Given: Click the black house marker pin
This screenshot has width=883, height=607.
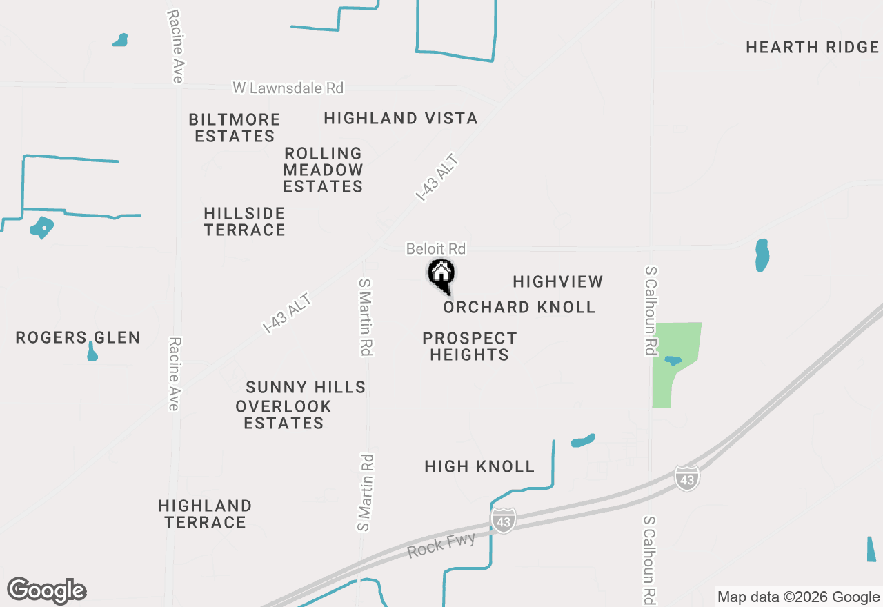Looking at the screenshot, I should [x=441, y=275].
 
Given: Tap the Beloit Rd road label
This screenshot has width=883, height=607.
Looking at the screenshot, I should [x=435, y=248].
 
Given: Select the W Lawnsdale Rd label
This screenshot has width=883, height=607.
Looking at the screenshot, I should [x=288, y=88].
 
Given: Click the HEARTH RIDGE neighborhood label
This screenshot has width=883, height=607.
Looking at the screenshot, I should [x=812, y=48].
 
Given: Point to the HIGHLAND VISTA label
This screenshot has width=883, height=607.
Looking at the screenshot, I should [x=401, y=119].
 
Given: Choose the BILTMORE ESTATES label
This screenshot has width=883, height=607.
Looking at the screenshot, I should [x=235, y=128].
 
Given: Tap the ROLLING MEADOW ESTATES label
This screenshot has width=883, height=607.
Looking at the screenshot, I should [x=323, y=170].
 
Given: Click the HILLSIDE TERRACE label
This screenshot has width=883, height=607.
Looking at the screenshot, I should [x=245, y=221].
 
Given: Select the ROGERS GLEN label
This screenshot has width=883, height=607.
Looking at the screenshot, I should [x=78, y=338].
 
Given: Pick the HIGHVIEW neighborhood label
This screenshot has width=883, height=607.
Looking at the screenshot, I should [x=558, y=281].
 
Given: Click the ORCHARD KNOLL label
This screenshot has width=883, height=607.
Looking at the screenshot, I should [x=519, y=307].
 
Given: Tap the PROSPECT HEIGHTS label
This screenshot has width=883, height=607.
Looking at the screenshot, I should [x=469, y=346].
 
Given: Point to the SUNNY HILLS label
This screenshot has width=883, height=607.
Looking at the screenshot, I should [x=306, y=388].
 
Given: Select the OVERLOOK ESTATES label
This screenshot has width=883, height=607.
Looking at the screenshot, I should [x=284, y=415].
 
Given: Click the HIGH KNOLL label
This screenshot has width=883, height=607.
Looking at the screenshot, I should [x=479, y=467].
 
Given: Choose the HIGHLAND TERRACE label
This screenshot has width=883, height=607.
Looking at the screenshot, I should [x=205, y=514].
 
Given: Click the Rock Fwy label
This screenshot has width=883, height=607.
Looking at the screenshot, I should [x=441, y=546].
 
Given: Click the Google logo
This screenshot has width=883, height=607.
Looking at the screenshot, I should [x=46, y=590].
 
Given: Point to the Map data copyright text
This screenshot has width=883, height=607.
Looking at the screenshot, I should [x=798, y=597].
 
